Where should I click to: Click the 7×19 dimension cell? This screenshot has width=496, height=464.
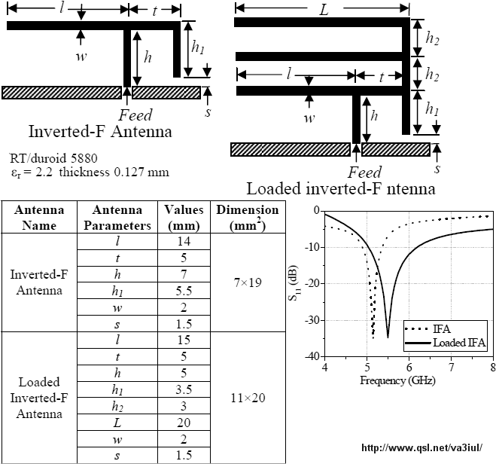tap(248, 282)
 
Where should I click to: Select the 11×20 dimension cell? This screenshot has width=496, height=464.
tap(248, 398)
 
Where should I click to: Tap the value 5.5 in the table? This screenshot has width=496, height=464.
tap(184, 291)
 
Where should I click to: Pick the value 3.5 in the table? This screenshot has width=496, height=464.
tap(184, 389)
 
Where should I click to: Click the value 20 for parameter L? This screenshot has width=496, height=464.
tap(184, 423)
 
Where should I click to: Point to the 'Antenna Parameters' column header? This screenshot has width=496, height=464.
tap(117, 218)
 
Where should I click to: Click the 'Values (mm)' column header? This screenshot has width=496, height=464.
tap(184, 218)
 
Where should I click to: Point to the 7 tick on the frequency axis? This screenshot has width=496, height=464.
tap(451, 367)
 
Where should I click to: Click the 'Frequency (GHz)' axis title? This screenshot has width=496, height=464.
tap(397, 380)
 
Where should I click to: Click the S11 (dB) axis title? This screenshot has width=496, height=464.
tap(293, 283)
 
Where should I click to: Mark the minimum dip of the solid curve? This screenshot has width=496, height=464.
tap(388, 337)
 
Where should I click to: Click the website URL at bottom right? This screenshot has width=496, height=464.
tap(422, 447)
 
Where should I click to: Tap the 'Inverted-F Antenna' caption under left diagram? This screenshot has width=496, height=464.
tap(100, 131)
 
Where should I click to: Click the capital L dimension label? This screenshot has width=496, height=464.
tap(324, 10)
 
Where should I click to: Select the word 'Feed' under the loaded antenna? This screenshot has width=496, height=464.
tap(365, 172)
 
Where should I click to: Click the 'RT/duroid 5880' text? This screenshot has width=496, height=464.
tap(53, 158)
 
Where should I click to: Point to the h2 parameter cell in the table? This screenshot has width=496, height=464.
tap(117, 406)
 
